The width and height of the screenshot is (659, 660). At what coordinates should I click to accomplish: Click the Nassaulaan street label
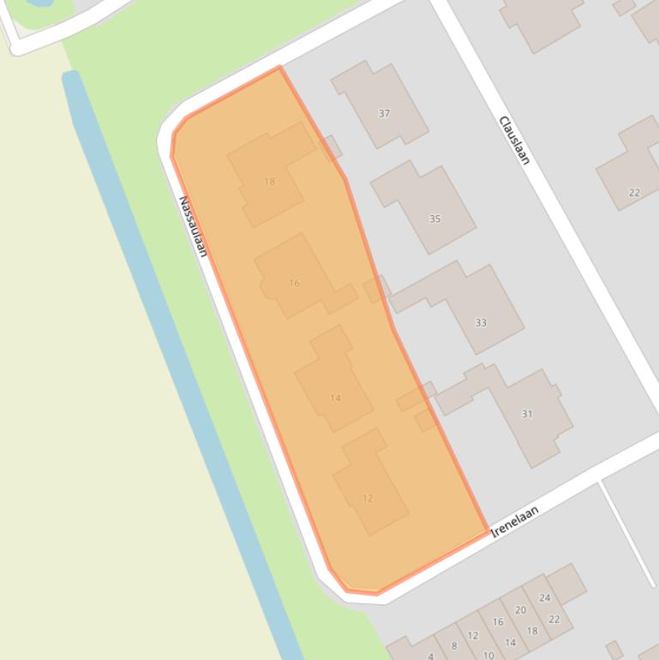tap(193, 226)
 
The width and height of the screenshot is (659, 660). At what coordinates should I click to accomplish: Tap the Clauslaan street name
tap(514, 140)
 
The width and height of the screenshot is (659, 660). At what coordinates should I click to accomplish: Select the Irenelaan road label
tap(515, 521)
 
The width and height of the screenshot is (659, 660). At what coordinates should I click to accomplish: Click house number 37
tap(384, 113)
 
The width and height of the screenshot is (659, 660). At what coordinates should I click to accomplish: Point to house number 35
tap(434, 219)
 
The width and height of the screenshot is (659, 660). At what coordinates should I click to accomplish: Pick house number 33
tap(481, 323)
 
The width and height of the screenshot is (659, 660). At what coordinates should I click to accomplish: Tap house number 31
tap(527, 414)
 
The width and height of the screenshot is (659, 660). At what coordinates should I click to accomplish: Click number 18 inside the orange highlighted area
tap(270, 181)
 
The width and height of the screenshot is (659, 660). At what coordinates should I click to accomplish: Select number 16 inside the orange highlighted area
tap(294, 283)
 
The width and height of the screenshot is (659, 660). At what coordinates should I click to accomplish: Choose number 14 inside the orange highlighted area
tap(335, 398)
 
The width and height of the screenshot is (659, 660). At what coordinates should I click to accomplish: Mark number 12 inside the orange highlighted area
tap(368, 498)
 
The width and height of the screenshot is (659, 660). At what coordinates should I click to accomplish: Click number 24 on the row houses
tap(545, 597)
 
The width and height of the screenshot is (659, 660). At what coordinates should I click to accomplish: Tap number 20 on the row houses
tap(520, 610)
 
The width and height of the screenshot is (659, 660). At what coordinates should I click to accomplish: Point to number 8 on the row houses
tap(454, 646)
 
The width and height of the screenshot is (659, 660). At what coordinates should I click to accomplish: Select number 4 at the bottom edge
tap(431, 656)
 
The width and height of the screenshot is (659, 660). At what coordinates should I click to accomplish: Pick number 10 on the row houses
tap(488, 655)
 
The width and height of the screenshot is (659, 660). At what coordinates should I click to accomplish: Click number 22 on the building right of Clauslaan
tap(634, 193)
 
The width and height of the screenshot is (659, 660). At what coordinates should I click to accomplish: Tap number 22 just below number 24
tap(554, 620)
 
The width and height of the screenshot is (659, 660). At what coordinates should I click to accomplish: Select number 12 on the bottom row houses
tap(473, 636)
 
